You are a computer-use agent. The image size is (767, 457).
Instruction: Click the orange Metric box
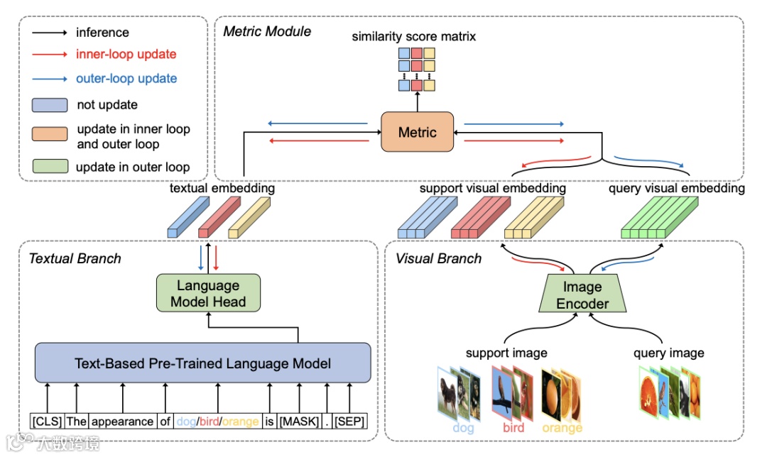pos(417,131)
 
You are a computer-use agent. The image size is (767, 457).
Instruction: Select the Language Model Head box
pos(208,294)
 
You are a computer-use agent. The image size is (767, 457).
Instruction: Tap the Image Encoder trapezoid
pos(582,295)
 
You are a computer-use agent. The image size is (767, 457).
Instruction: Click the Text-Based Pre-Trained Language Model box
pos(202,364)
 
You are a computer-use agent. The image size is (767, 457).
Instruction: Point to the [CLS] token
pos(47,422)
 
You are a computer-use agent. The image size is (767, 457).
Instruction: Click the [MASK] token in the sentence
pos(298,422)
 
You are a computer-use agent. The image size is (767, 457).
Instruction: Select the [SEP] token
pos(349,422)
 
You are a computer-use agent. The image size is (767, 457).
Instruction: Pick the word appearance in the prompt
pos(122,422)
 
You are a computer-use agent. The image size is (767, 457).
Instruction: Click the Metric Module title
pos(267,31)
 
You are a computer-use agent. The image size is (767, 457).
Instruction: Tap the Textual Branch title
pos(75,258)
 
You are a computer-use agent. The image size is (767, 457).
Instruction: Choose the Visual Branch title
pos(438,258)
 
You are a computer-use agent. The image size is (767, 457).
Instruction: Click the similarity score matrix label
pos(414,35)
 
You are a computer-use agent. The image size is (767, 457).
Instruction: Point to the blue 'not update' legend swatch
pos(49,105)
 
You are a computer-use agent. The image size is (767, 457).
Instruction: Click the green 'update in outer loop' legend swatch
pos(49,167)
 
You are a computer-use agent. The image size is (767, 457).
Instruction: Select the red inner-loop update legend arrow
pos(49,55)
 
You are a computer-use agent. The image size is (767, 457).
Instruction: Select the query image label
pos(668,353)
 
